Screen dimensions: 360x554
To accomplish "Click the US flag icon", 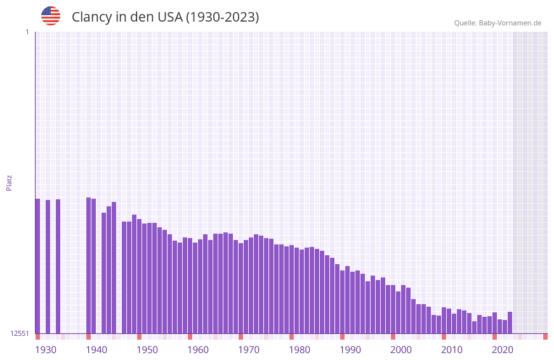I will click(x=51, y=17).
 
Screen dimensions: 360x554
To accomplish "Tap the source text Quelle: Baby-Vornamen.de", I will click(x=498, y=23).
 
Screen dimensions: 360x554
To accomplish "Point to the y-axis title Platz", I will click(x=9, y=182).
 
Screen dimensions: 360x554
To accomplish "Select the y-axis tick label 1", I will click(x=27, y=32).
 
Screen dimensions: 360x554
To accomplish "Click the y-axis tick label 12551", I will click(x=20, y=333).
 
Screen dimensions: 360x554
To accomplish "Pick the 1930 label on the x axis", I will click(x=46, y=349).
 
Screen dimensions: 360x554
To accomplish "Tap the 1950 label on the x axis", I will click(x=147, y=349).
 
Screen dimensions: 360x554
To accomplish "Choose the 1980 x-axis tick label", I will click(x=300, y=349).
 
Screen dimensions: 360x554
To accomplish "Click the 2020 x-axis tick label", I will click(x=503, y=349).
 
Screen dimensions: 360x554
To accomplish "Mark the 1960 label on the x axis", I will click(x=198, y=349).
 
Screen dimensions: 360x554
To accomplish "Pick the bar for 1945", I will click(x=114, y=267).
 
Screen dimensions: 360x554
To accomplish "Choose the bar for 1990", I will click(x=342, y=302).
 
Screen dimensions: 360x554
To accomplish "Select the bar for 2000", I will click(x=393, y=309).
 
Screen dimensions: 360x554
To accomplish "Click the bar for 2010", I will click(x=444, y=320).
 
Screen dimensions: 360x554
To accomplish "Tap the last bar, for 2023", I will click(x=510, y=323).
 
